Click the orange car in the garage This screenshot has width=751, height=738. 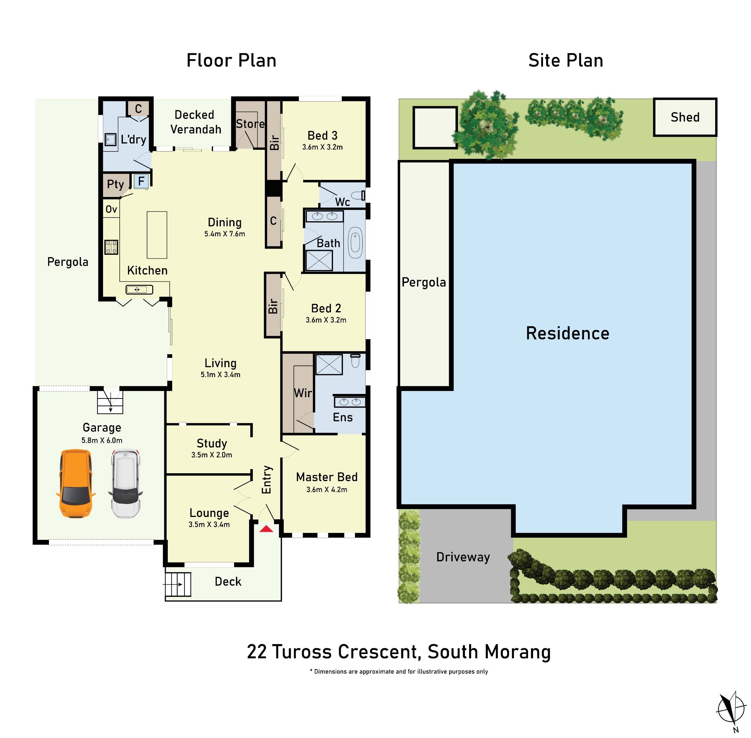(75, 483)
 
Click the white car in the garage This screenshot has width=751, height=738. (125, 483)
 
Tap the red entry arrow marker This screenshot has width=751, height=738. (266, 529)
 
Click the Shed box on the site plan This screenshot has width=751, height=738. (684, 117)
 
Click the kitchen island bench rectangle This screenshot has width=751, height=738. (157, 235)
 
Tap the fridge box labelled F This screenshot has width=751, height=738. (141, 181)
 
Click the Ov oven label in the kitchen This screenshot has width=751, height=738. (111, 209)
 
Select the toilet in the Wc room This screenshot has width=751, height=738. (358, 195)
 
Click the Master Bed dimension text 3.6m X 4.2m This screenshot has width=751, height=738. (327, 490)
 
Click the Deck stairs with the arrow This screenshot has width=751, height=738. (178, 584)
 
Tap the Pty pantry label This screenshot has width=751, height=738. (115, 184)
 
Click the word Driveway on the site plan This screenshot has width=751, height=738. (463, 557)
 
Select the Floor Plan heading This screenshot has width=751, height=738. (231, 60)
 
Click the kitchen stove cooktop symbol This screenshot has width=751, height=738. (111, 247)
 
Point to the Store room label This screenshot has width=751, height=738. (250, 124)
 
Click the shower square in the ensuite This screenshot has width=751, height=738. (329, 364)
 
